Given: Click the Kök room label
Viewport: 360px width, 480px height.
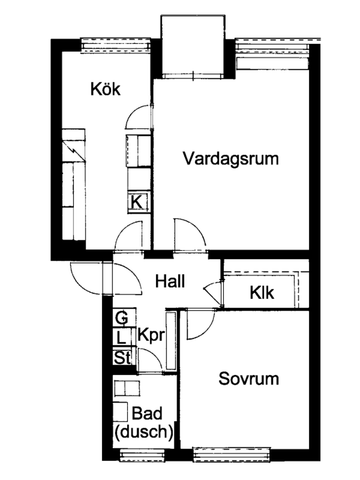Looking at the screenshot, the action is (x=105, y=90).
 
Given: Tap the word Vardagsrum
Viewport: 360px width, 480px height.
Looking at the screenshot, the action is (x=229, y=158).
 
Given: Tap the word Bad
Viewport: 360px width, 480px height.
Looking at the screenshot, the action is (x=148, y=414).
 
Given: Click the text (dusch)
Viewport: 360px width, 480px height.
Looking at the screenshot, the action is (x=144, y=432).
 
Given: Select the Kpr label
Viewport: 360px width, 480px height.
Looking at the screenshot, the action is (x=151, y=335).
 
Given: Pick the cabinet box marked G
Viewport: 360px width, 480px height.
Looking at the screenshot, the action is (x=121, y=318).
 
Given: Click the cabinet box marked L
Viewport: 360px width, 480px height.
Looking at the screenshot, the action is (x=121, y=338).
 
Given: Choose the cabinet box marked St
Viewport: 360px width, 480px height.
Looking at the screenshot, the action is (x=121, y=357).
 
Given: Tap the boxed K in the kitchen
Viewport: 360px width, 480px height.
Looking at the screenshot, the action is (x=137, y=201).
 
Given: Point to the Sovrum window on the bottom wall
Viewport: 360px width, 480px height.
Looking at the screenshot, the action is (x=231, y=455).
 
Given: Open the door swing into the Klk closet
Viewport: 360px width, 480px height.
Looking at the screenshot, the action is (x=211, y=291).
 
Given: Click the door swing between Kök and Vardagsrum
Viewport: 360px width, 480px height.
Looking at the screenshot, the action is (x=134, y=128).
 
